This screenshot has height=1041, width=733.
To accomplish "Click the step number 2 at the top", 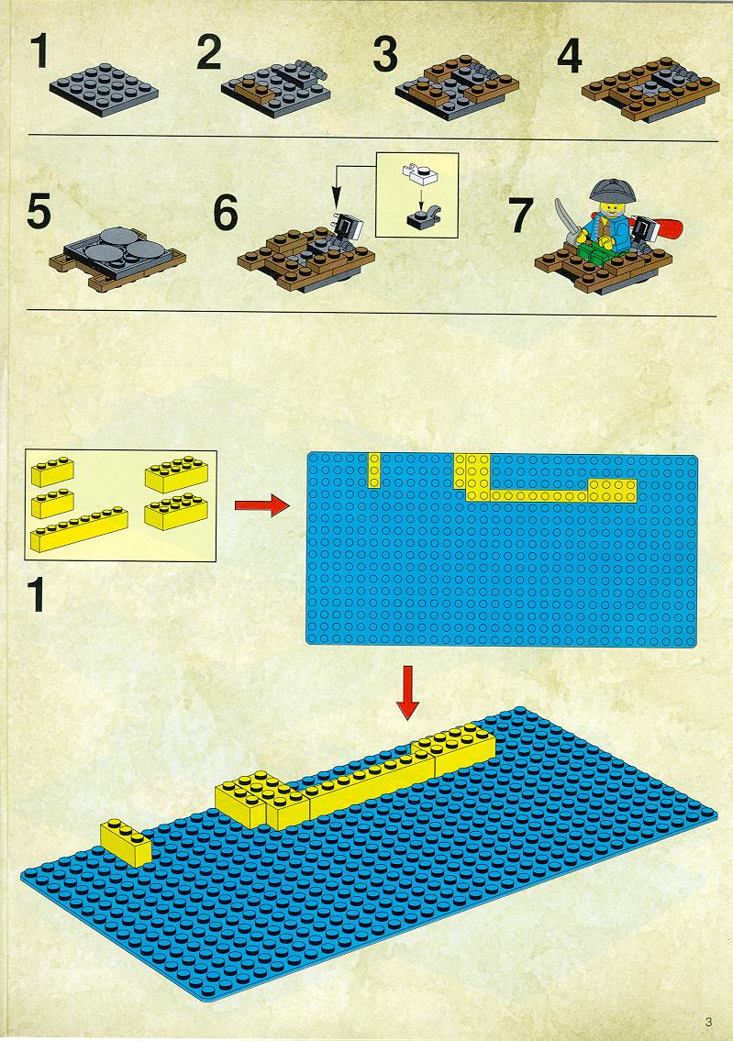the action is (208, 53).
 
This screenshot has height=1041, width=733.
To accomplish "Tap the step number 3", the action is (385, 53).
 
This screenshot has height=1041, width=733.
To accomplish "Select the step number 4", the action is (570, 56).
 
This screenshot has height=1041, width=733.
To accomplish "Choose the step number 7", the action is (520, 216).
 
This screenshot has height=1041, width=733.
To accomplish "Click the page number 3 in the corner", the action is (709, 1022).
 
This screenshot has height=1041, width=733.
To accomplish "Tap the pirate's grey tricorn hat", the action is (612, 191).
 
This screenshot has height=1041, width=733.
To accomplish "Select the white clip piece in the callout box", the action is (419, 172).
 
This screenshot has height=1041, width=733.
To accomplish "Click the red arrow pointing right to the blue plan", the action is (262, 506).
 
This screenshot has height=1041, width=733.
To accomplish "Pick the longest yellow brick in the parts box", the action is (79, 529).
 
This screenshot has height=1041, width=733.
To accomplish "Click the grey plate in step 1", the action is (104, 90).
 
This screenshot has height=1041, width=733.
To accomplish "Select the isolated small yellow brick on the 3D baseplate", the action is (126, 842).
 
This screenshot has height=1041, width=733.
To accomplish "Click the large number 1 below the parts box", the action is (37, 594).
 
